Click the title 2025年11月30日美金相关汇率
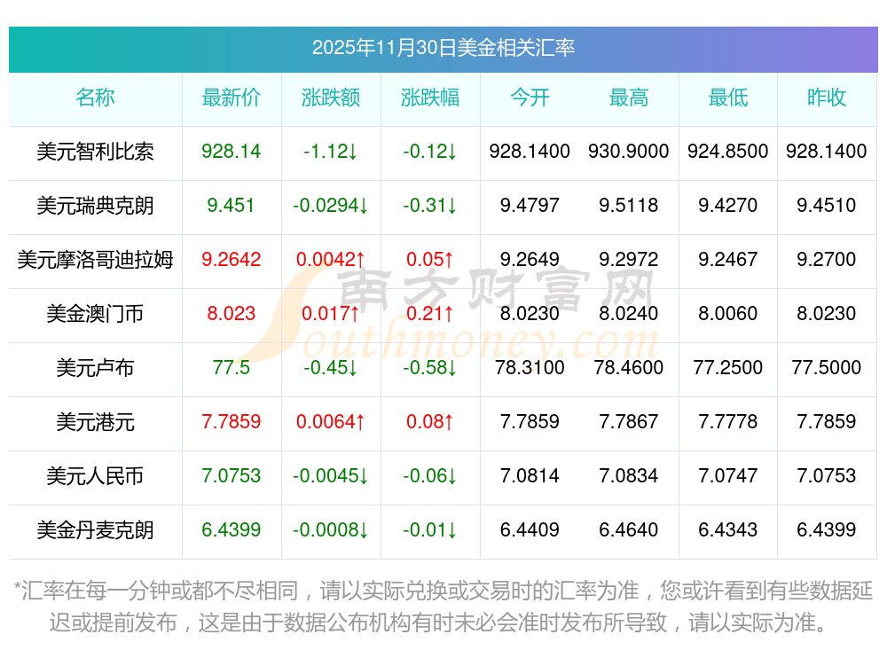443,48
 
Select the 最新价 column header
231,98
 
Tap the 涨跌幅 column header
430,98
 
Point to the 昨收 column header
827,98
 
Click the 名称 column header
95,98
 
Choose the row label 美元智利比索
95,152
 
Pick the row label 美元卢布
95,367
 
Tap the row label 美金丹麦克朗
95,530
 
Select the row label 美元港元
95,422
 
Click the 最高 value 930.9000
628,152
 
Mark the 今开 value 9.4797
530,206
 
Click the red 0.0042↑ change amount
330,260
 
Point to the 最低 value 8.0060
727,314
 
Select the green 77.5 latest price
231,367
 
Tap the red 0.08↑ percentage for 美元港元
430,422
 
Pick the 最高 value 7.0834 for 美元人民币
628,476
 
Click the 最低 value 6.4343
727,530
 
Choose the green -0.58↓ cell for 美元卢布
430,367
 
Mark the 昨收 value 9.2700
827,260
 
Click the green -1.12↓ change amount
330,152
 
